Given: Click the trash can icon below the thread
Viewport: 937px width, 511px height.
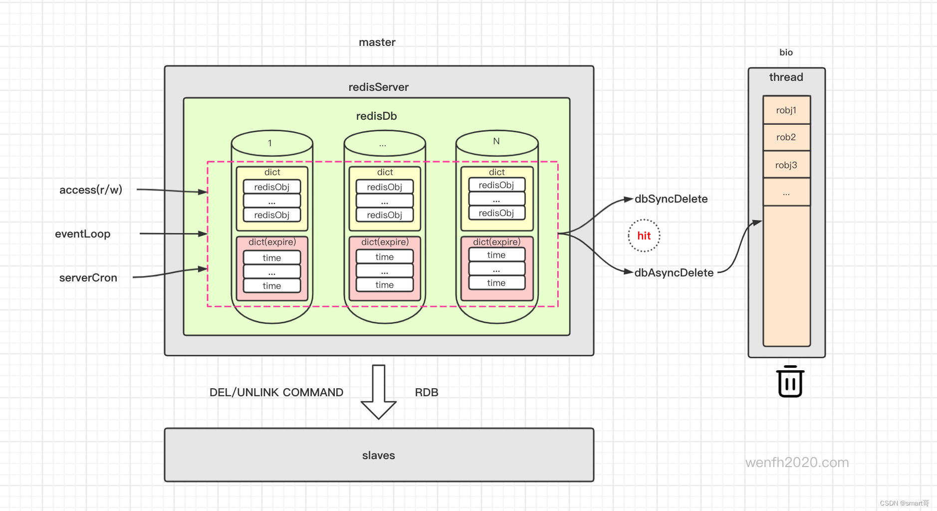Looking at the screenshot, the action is pos(790,381).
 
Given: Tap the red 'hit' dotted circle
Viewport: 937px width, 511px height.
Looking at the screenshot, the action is pos(644,236).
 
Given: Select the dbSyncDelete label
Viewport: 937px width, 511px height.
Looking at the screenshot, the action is pos(671,199).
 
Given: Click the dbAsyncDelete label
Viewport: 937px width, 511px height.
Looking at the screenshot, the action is pos(674,273).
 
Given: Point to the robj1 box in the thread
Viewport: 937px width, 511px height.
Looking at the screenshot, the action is pos(786,110).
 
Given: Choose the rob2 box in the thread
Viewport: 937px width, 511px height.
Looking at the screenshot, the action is pos(786,137).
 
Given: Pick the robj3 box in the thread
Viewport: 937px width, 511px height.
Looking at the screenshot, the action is pos(786,165).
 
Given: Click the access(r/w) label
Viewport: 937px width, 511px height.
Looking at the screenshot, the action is pos(91,190).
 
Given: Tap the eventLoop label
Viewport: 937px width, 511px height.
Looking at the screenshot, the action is pos(83,234).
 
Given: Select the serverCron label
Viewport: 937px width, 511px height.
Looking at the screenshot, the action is pos(88,277).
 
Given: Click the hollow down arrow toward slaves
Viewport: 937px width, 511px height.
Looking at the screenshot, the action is pos(379,392).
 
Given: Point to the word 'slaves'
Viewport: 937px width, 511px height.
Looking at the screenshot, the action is pos(379,455).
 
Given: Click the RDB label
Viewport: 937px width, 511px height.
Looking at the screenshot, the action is pos(427,392).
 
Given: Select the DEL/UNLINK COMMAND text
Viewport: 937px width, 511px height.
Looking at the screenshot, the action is pos(276,392).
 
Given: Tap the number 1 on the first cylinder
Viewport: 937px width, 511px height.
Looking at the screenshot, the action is pos(270,143).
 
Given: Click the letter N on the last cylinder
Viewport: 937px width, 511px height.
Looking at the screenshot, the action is pos(496,141).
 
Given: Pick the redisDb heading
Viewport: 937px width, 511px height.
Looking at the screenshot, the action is pos(377,116).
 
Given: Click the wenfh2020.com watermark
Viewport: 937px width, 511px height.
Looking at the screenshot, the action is pos(797,463).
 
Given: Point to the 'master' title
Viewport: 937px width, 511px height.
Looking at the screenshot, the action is pos(377,42).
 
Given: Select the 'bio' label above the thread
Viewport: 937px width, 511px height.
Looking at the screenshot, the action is pos(786,52).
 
